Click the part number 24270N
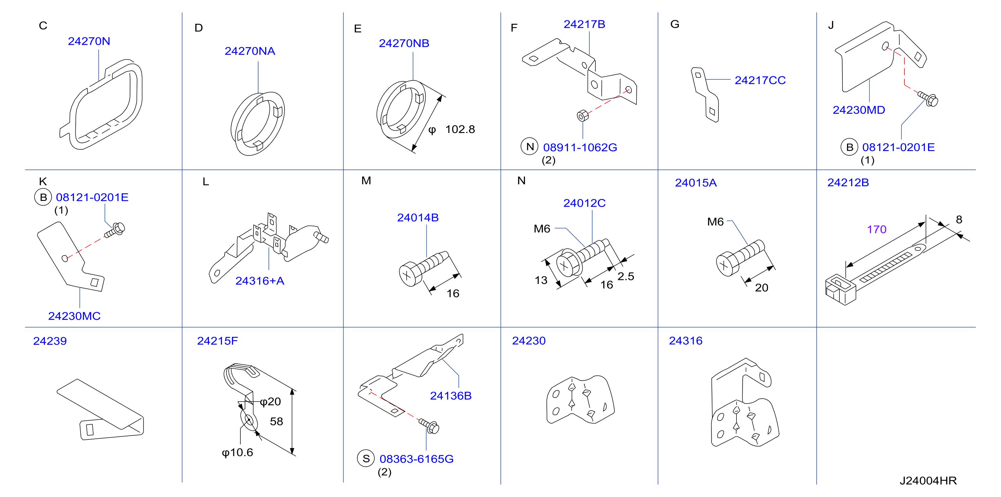pos(89,41)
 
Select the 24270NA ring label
pos(250,51)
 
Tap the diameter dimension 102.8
pos(460,129)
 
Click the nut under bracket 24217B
pos(583,116)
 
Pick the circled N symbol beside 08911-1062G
pos(530,146)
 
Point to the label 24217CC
pos(760,80)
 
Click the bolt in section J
pos(928,98)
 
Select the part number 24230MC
pos(74,316)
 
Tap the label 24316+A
pos(260,281)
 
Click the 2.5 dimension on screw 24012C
pos(626,276)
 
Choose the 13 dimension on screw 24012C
pos(541,280)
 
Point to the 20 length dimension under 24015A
pos(762,288)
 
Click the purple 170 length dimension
pos(877,229)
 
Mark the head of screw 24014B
pos(410,275)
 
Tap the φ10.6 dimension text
pos(237,452)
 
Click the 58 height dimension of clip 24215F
pos(276,421)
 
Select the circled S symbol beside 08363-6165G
pos(366,458)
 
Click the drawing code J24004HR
pos(928,481)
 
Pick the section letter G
pos(675,24)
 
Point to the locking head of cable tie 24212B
pos(840,290)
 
